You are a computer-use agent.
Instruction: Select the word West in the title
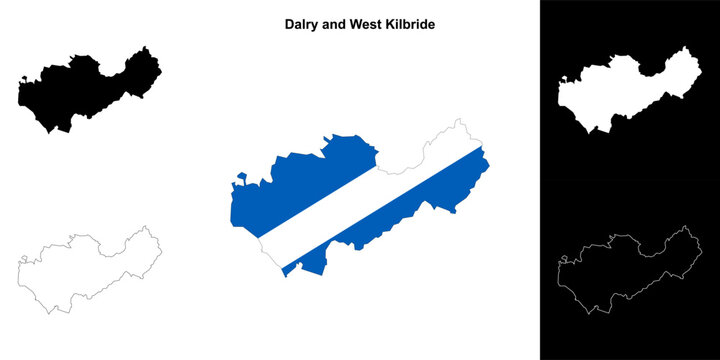[368, 21]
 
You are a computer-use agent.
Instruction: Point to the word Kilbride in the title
[412, 21]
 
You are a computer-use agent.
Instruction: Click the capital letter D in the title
[287, 21]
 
